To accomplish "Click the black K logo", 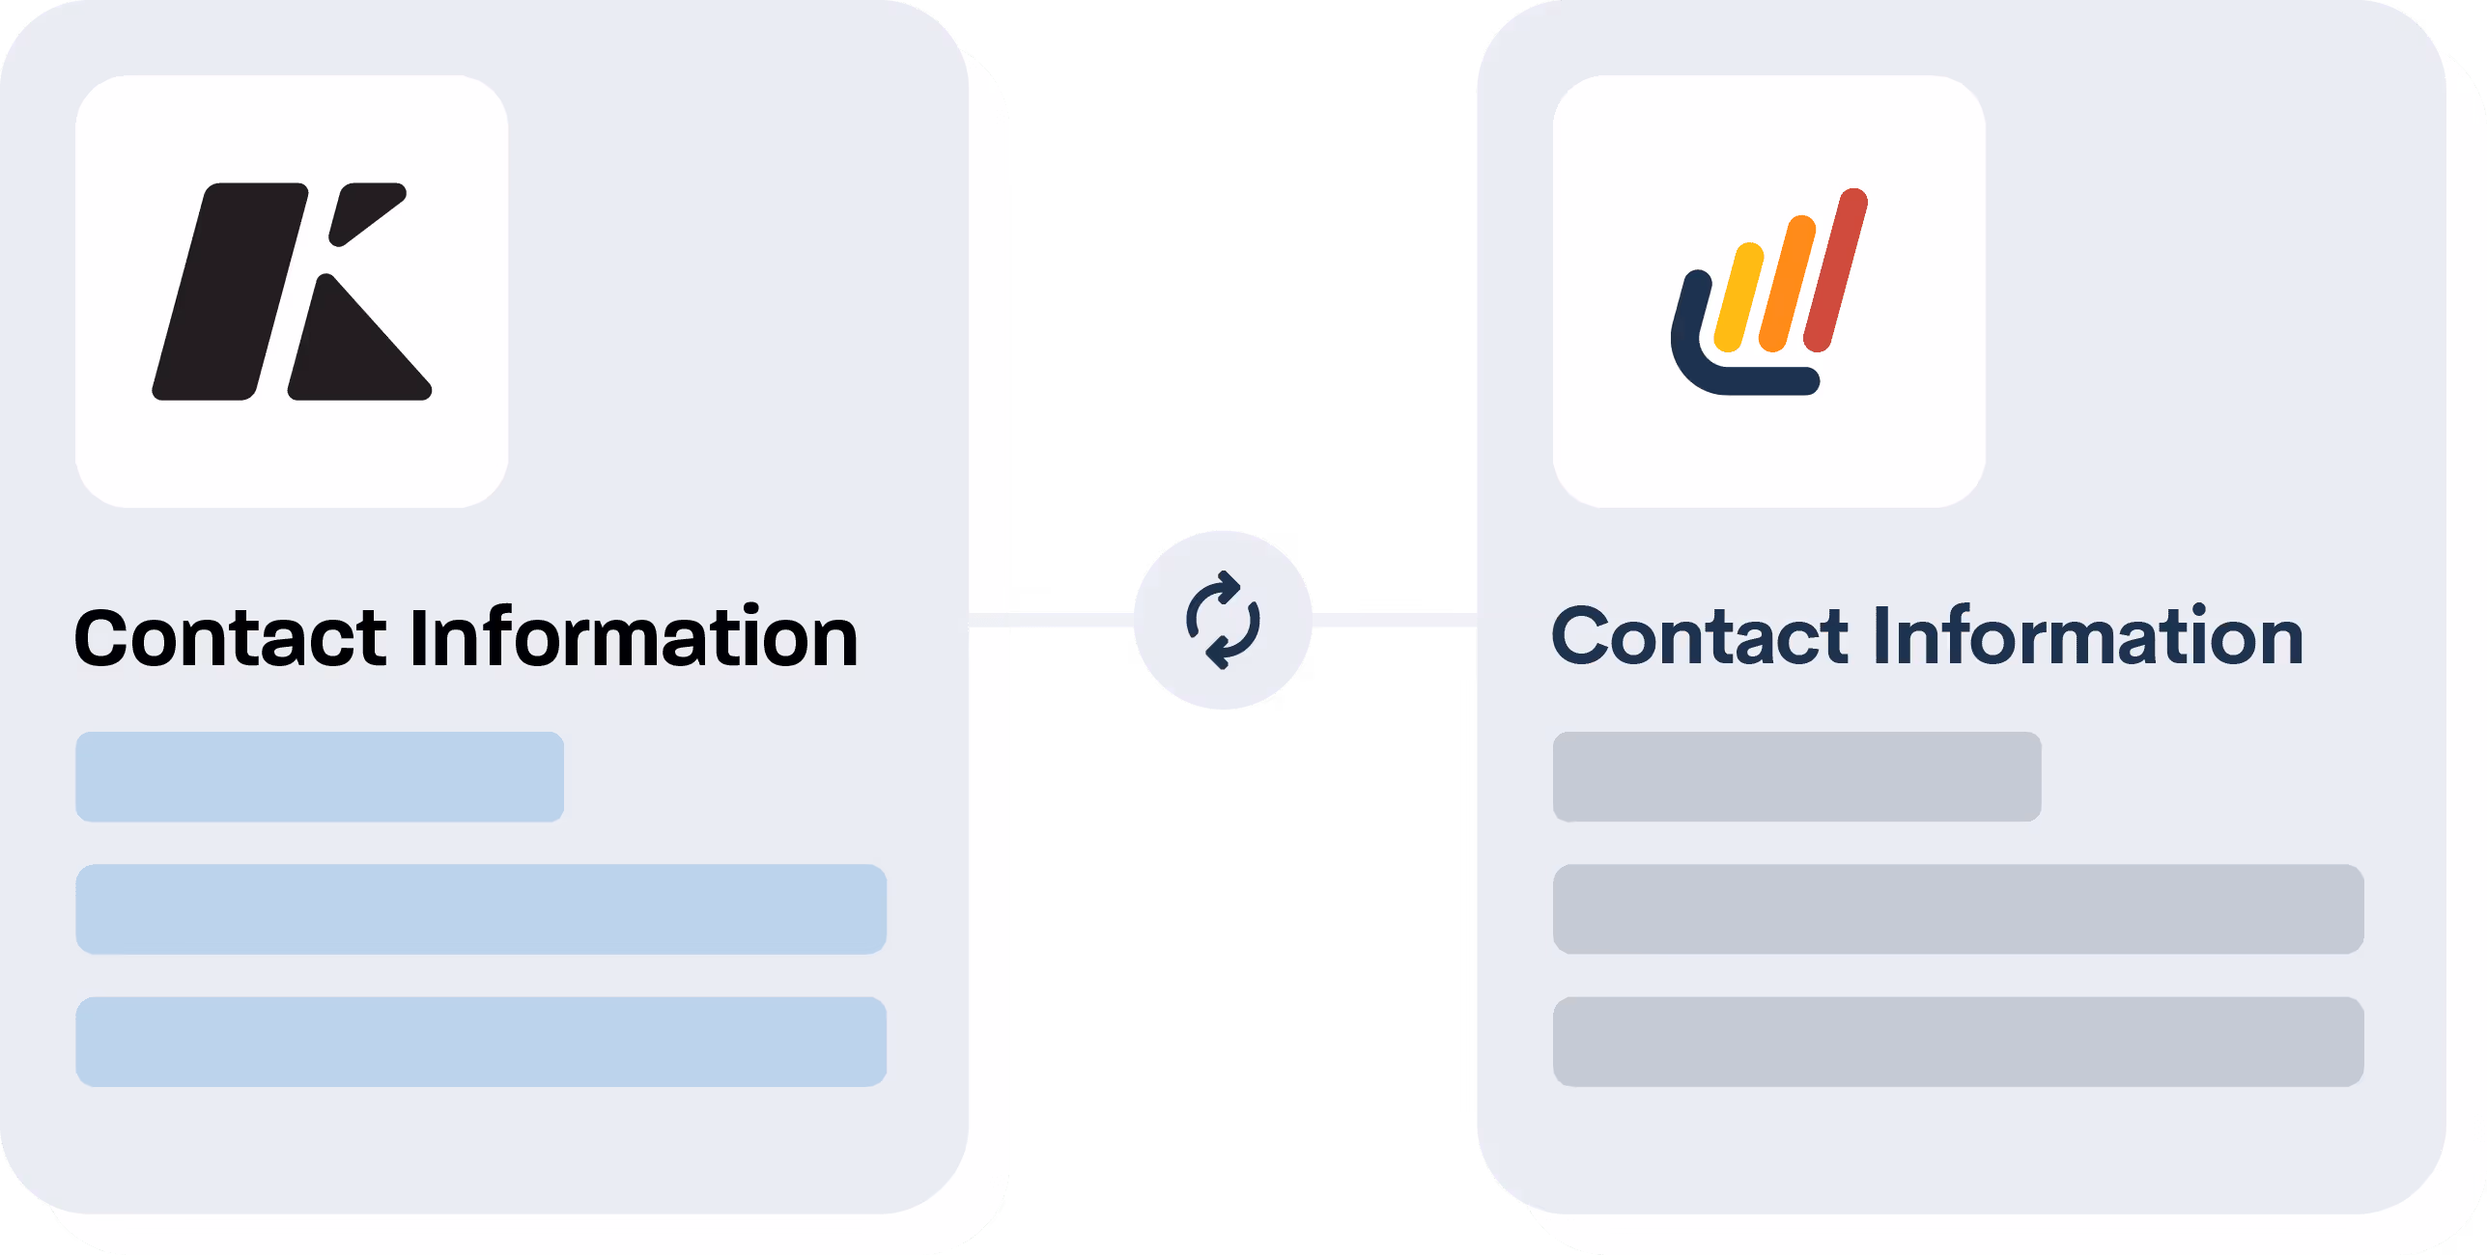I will point(290,292).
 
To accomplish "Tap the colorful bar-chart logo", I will point(1768,292).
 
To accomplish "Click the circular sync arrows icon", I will point(1223,620).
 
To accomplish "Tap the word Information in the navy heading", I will point(2088,636).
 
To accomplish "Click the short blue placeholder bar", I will point(320,777).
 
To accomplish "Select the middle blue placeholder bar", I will point(481,909).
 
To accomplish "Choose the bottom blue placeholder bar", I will point(481,1042).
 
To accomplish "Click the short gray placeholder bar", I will point(1796,777).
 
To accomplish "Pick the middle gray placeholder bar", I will point(1958,909).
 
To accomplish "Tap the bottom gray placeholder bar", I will point(1958,1042).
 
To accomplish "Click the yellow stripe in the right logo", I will point(1738,297).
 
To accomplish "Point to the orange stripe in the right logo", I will point(1787,284).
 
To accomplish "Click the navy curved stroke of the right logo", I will point(1700,367).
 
